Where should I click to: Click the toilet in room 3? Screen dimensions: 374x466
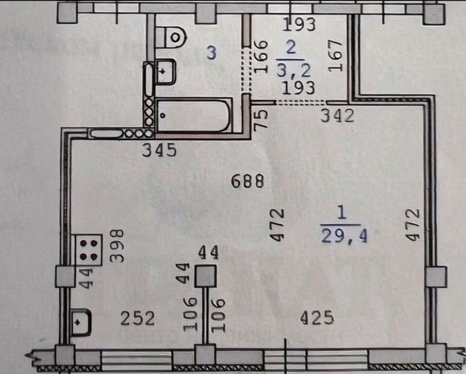[x=172, y=34]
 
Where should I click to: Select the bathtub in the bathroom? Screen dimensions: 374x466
[x=193, y=115]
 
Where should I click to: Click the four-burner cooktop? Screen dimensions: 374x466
[x=88, y=250]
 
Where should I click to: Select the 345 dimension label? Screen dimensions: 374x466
[x=160, y=151]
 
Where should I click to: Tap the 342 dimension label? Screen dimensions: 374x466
[x=337, y=116]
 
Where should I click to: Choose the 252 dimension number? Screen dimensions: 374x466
[x=138, y=319]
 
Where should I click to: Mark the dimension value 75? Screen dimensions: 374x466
[x=261, y=121]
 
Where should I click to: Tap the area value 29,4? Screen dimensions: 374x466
[x=344, y=236]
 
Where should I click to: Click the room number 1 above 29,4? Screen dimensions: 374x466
[x=339, y=212]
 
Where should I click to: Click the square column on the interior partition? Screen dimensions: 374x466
[x=206, y=277]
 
